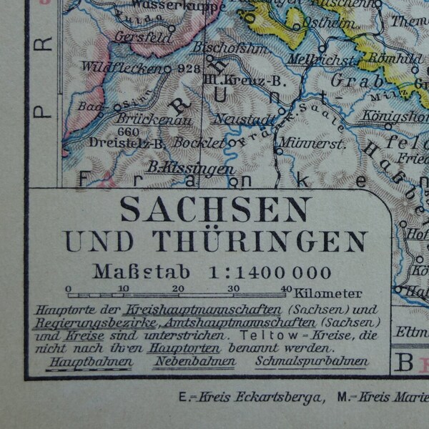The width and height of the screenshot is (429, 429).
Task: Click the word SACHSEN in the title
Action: point(214,209)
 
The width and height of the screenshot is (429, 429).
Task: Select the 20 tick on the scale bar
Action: point(178,289)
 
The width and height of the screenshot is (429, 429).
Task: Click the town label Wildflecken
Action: point(122,68)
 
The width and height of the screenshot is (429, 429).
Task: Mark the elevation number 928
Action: point(189,69)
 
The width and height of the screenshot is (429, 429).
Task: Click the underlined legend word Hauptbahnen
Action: point(89,361)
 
